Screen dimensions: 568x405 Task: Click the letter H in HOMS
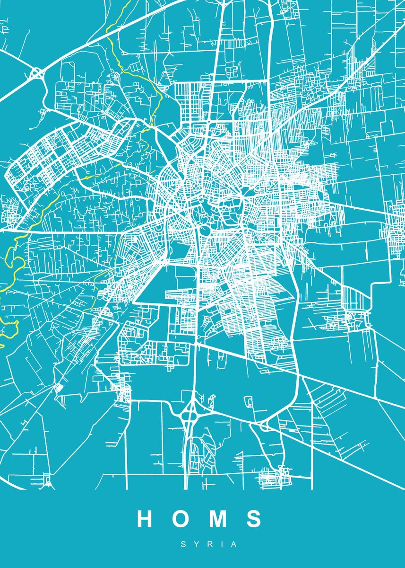click(x=145, y=519)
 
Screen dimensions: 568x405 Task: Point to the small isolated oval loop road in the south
click(x=248, y=403)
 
